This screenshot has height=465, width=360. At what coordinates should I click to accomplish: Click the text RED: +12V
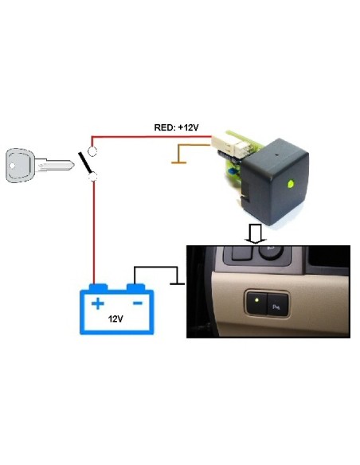pos(174,127)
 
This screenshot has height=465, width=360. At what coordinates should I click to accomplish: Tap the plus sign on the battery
pos(98,303)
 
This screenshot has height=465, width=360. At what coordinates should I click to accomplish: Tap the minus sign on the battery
pos(137,303)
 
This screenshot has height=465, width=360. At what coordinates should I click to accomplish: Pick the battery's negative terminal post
pos(137,285)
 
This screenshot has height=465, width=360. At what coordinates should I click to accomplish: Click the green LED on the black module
pos(292,184)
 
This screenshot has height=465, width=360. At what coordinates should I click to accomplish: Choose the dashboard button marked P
pos(277,303)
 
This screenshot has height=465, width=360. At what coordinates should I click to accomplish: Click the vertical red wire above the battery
pos(95,231)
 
